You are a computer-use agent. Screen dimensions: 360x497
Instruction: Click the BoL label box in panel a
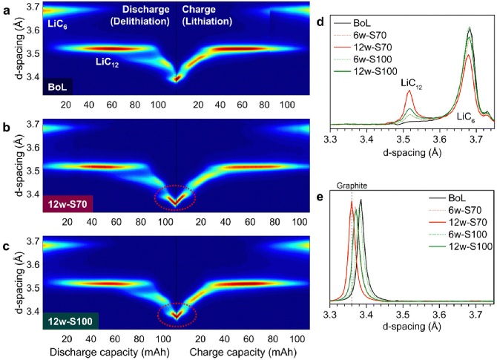(61, 87)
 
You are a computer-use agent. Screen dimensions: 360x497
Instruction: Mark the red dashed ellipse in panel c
(177, 315)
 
